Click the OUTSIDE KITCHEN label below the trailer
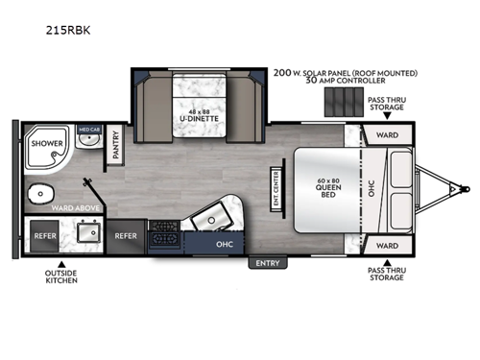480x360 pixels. coord(60,279)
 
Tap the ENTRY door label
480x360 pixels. coord(265,261)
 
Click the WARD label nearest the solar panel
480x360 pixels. coord(387,135)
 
